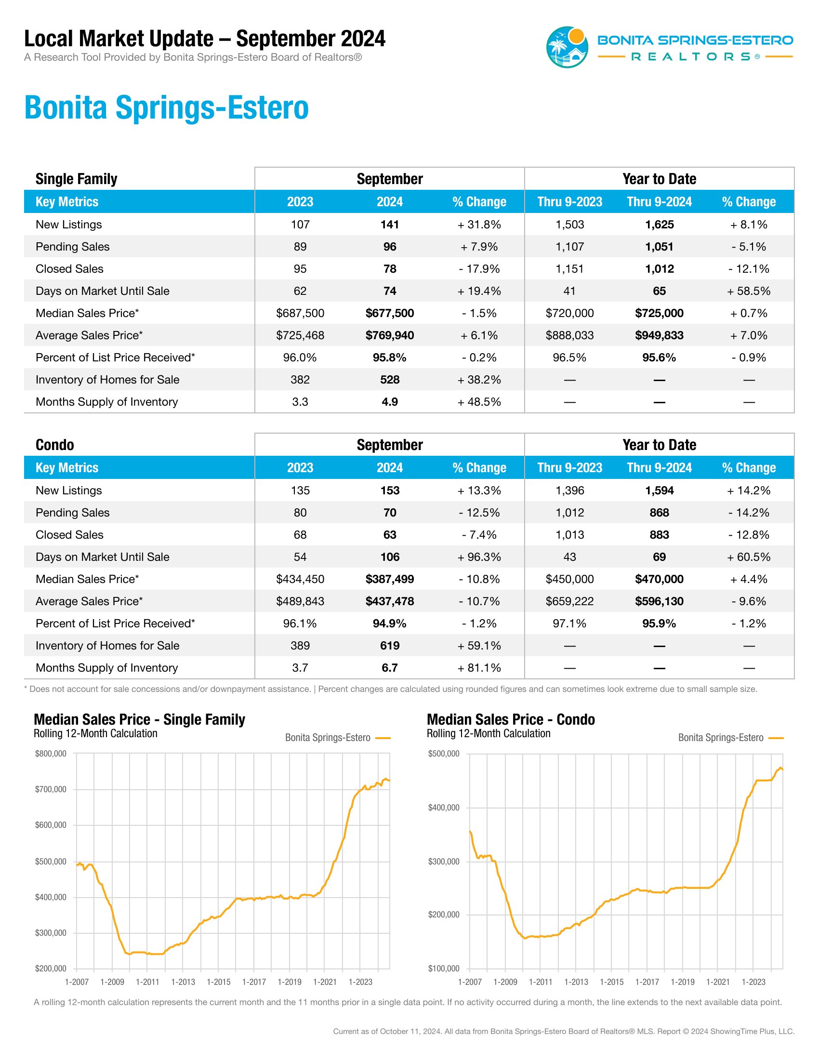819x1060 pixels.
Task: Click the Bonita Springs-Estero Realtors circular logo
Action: pos(567,47)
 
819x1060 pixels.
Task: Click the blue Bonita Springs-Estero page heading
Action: pos(166,108)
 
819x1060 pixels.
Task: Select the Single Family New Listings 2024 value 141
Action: pos(390,225)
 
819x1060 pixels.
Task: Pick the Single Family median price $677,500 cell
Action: pos(390,314)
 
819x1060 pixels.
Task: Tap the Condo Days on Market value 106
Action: pos(390,557)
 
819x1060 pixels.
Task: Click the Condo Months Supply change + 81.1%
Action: pos(479,668)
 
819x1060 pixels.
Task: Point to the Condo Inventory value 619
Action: pos(390,646)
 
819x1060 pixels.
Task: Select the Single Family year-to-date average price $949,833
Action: pos(660,336)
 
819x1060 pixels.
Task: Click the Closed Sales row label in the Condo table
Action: pos(69,535)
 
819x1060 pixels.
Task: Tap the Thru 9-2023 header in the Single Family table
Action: pos(569,202)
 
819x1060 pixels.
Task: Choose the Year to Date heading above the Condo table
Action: pos(660,445)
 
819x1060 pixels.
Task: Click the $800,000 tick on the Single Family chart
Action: pos(51,754)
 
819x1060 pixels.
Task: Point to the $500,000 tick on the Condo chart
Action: pos(443,754)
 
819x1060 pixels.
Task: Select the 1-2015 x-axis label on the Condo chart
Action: pos(612,982)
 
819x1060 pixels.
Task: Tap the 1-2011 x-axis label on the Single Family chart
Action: pos(147,982)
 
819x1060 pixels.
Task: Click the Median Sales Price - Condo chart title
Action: pos(511,719)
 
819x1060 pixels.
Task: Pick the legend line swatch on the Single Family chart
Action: pos(383,738)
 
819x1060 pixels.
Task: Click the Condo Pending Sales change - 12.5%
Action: pos(479,513)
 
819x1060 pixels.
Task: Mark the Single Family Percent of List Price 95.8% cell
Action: pos(390,358)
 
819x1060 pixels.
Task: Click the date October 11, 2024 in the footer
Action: pos(410,1032)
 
